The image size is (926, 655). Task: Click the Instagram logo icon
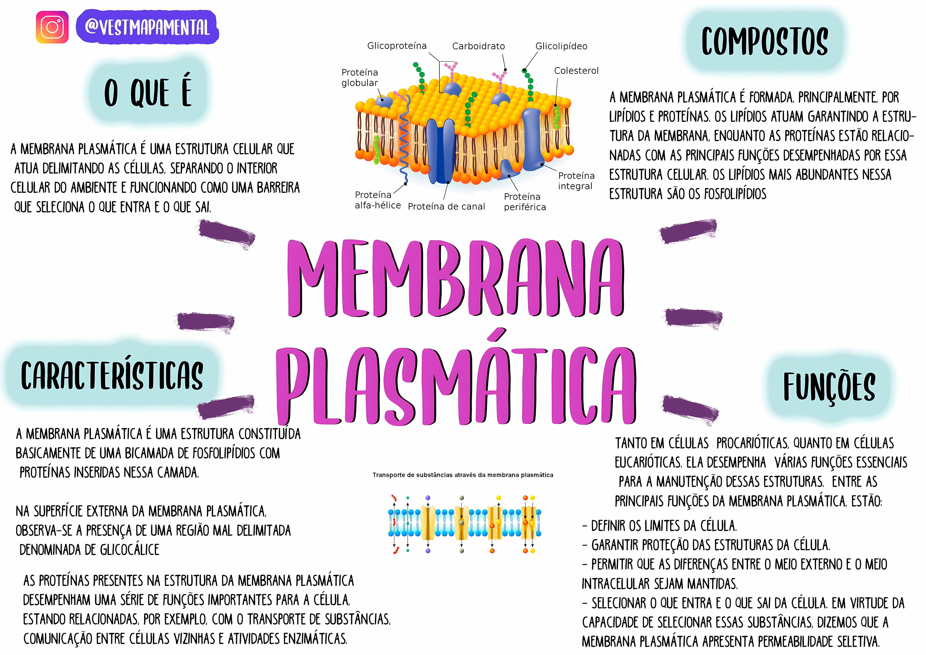point(52,27)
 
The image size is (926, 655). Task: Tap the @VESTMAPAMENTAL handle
point(147,27)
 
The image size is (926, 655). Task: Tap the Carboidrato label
point(478,46)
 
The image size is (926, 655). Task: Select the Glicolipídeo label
point(561,46)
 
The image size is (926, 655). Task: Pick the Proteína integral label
point(576,181)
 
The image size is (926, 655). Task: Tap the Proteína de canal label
point(446,206)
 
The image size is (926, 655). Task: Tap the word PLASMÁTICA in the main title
point(456,385)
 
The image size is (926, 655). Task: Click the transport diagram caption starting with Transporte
point(463,475)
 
